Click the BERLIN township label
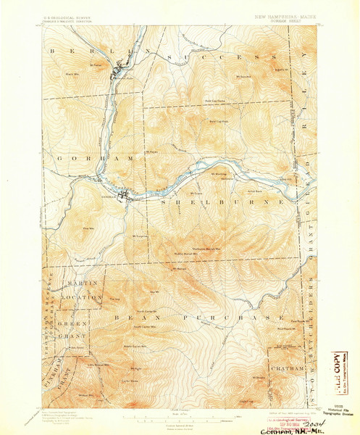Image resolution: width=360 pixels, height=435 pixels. (95, 53)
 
